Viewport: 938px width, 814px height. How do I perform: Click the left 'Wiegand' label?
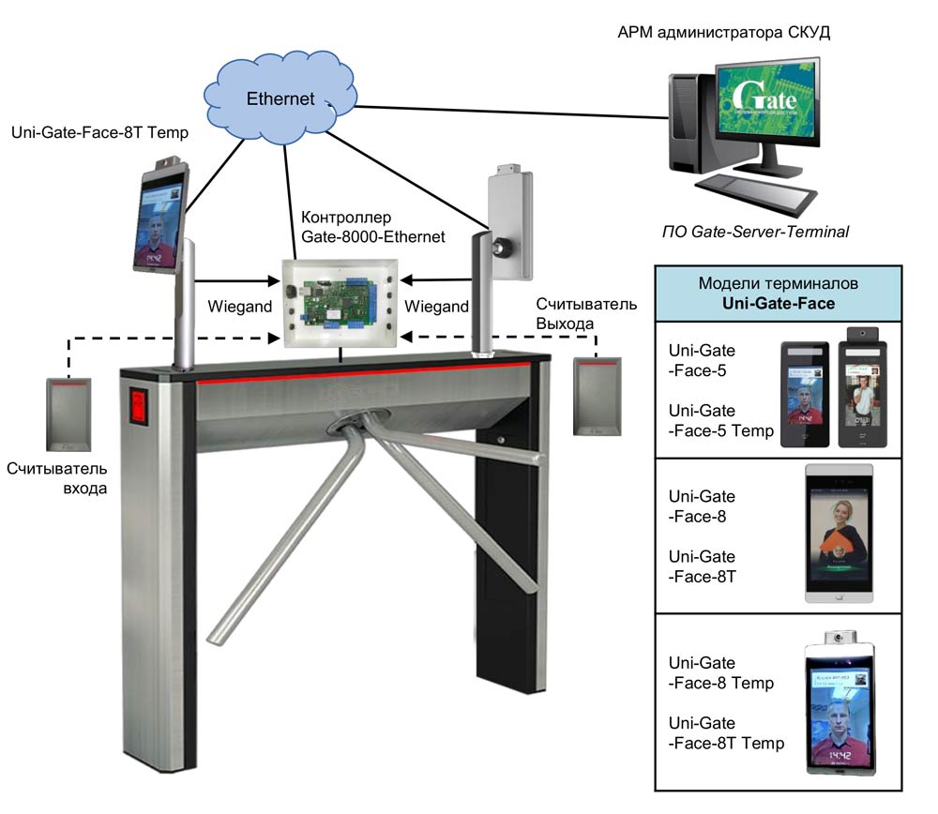237,307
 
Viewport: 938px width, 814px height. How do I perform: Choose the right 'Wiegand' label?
435,307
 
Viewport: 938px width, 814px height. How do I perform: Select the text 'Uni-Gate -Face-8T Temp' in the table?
726,733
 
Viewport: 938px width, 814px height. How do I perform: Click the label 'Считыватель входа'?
57,478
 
